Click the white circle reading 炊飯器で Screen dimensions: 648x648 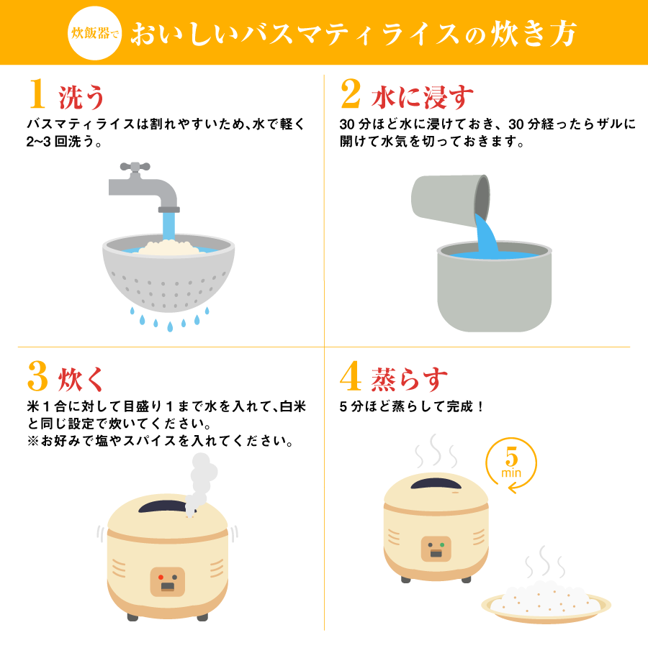[94, 33]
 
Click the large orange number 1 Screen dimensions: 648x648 [38, 94]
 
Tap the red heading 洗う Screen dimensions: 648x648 [81, 95]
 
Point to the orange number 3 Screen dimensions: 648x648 [37, 376]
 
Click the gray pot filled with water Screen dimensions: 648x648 [494, 288]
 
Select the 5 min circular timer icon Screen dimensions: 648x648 [511, 464]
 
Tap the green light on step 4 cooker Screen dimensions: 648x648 [444, 544]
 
